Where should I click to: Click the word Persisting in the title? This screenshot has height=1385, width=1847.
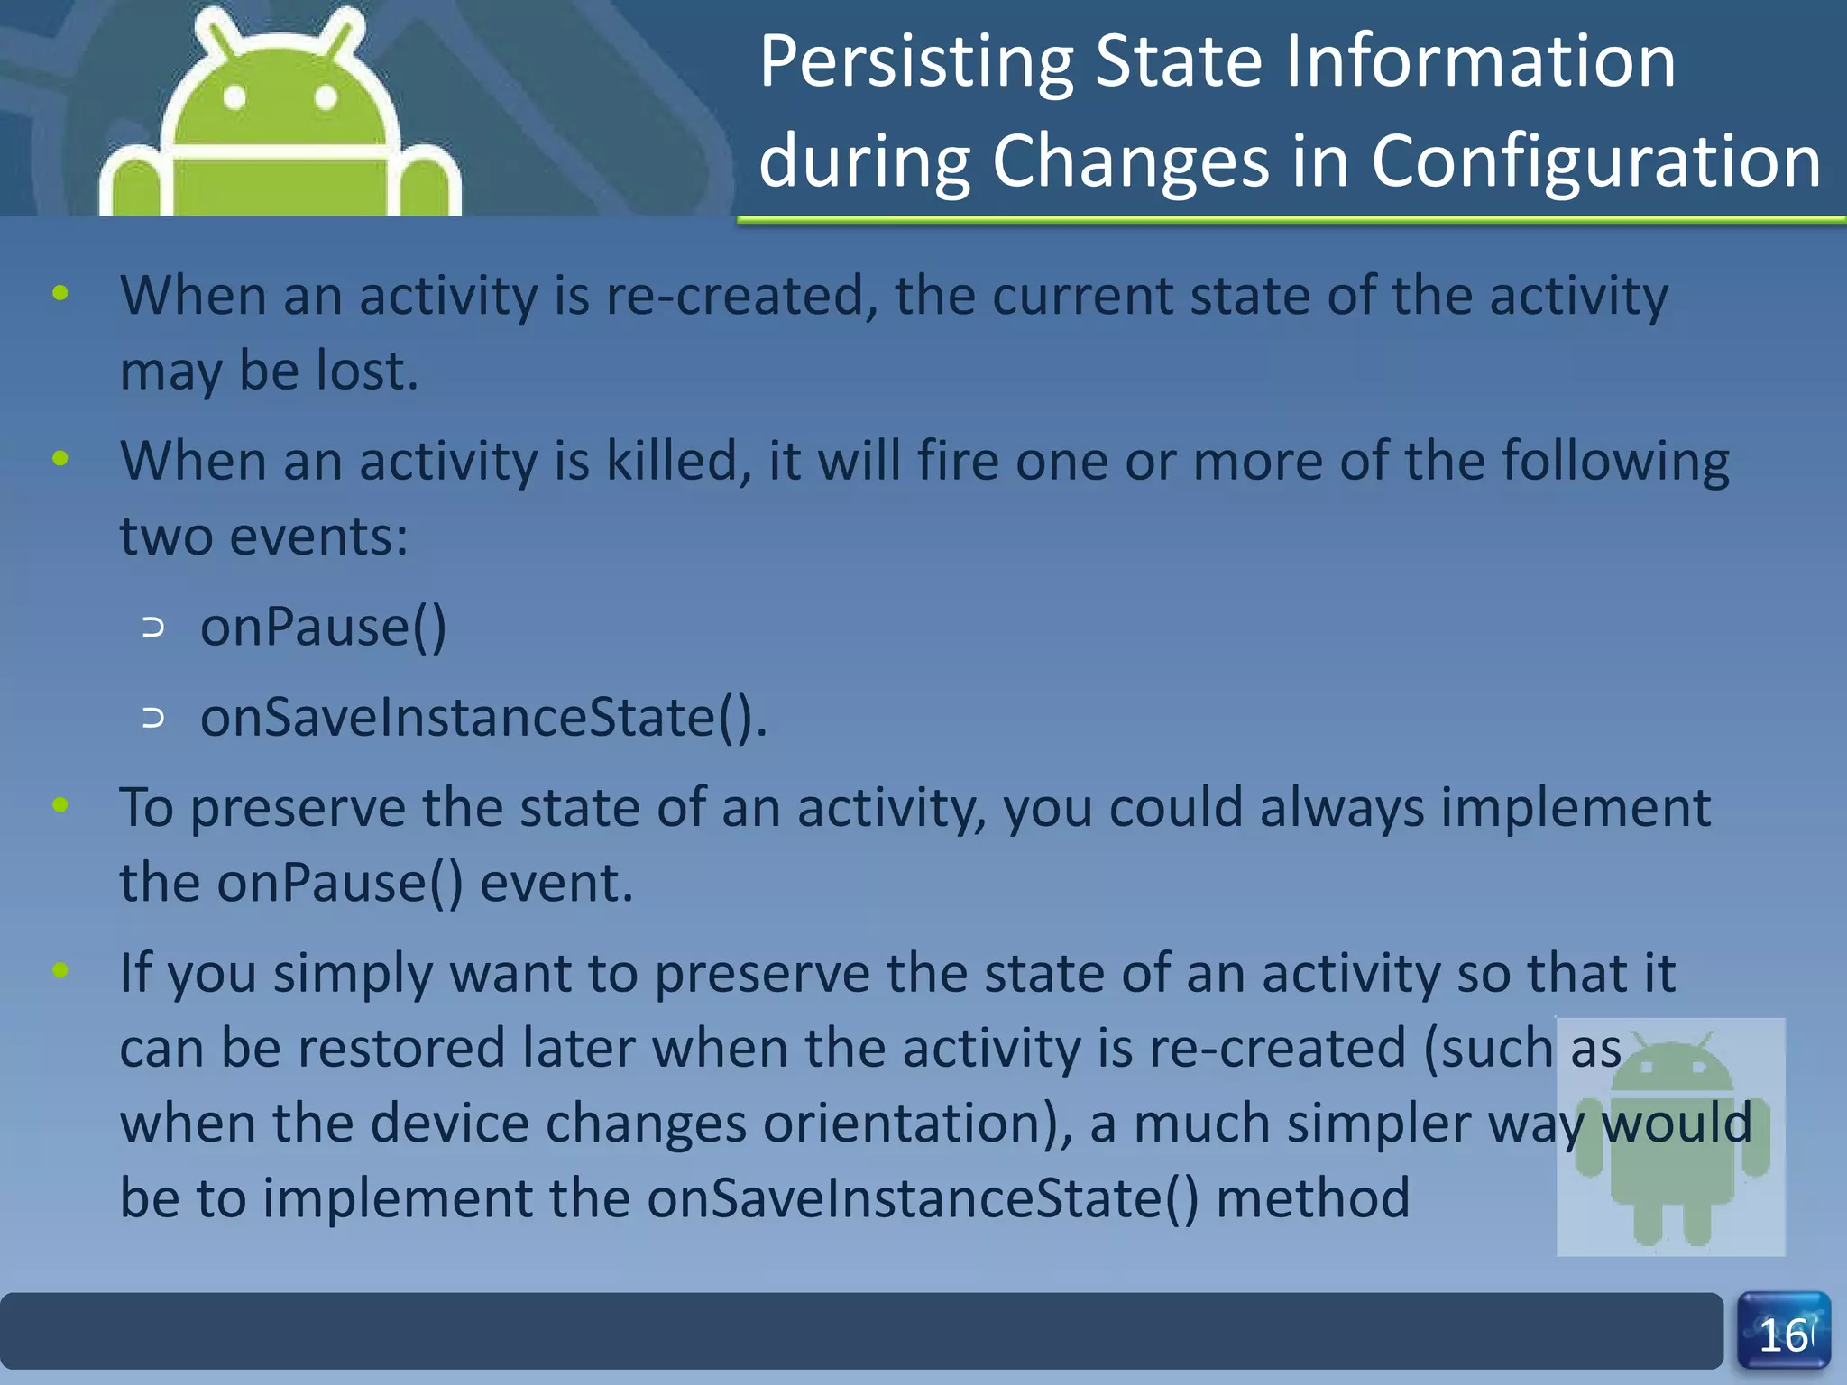915,63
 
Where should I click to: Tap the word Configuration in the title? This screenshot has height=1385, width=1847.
1595,162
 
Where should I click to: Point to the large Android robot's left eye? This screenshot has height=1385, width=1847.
234,97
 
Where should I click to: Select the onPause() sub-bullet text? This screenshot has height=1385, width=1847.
323,628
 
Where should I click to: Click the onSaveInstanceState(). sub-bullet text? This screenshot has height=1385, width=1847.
483,719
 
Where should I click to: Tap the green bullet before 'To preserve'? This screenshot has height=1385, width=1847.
60,805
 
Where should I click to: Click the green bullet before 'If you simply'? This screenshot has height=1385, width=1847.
60,971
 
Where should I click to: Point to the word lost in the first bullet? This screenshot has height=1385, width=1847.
366,371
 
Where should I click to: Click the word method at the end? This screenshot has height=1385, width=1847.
1312,1199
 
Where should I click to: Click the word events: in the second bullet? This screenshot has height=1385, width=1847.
318,537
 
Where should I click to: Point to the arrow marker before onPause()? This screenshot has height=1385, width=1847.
154,628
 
